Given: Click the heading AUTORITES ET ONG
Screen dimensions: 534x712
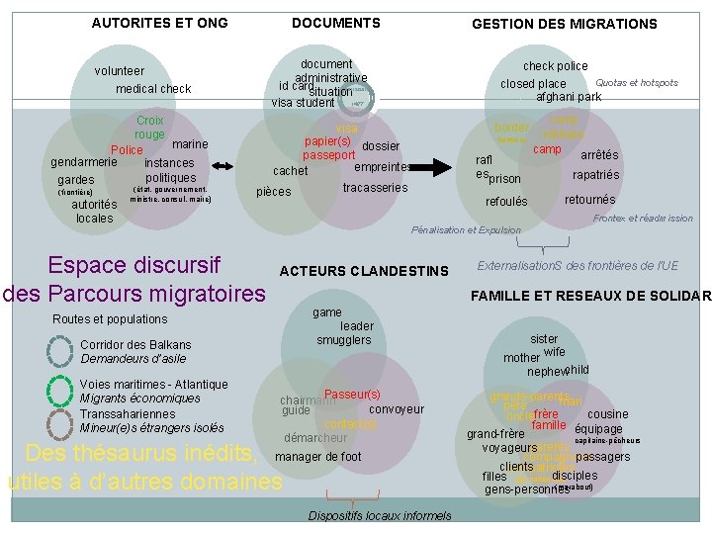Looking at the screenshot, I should coord(159,23).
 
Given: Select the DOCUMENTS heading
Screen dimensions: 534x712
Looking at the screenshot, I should coord(336,23).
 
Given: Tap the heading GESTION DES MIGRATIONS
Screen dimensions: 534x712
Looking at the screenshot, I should coord(564,24).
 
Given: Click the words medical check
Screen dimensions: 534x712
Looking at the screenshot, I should coord(153,89).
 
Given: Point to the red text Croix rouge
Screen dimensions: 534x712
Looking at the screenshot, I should coord(150,128).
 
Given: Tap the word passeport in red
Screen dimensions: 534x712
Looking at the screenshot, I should coord(329,156).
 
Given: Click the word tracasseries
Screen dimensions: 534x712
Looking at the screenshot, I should coord(375,188).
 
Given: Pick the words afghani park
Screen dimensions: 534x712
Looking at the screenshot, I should coord(568,98).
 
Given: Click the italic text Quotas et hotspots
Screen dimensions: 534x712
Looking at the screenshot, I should coord(636,83).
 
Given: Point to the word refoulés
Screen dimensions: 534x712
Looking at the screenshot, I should coord(506,203).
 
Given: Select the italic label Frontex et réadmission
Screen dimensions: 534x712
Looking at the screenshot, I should coord(643,219).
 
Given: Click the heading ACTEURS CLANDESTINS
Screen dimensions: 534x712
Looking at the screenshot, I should coord(364,271).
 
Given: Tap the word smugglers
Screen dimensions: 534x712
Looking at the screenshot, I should coord(344,341).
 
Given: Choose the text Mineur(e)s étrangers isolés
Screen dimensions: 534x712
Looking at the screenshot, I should coord(152,428).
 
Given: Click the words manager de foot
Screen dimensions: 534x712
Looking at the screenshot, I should coord(318,457).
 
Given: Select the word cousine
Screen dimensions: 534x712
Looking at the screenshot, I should coord(607,414).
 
